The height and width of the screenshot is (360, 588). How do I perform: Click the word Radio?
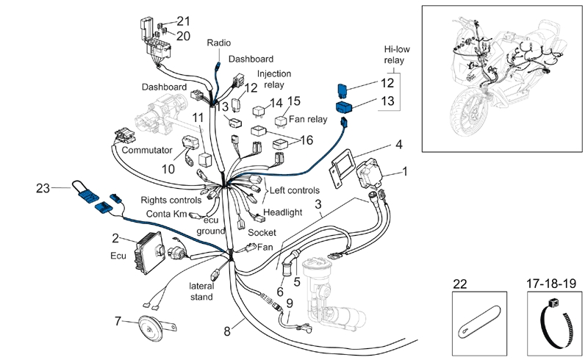tap(219, 43)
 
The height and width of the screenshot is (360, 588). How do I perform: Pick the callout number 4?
tap(399, 144)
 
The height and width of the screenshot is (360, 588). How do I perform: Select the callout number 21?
tap(183, 20)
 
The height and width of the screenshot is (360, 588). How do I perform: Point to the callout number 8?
tap(226, 331)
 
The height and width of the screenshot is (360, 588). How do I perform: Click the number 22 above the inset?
tap(461, 284)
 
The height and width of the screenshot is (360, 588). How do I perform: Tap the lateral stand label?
tap(201, 291)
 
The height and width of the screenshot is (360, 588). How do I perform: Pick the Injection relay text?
tap(274, 80)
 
